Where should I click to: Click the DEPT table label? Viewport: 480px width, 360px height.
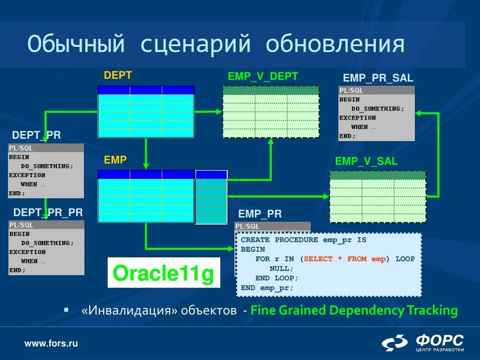point(118,75)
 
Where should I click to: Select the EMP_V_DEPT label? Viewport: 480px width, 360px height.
point(262,76)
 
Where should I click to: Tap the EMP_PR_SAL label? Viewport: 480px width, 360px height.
point(378,78)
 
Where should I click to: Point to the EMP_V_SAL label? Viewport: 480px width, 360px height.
point(366,162)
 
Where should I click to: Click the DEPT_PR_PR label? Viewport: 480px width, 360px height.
point(48,212)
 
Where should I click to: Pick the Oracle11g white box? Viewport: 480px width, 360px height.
point(164,273)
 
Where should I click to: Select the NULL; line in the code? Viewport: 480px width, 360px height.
point(282,269)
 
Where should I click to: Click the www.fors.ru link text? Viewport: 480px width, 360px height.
point(51,344)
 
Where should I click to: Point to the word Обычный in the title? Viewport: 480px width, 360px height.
point(76,44)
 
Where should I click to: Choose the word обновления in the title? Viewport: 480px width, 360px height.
point(335,44)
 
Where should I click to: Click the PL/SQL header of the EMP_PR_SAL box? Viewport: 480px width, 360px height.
point(352,90)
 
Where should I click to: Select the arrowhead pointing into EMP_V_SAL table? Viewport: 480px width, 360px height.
point(326,197)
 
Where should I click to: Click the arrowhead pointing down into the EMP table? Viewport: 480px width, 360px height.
point(146,166)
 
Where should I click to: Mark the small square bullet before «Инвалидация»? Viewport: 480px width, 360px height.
point(66,310)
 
